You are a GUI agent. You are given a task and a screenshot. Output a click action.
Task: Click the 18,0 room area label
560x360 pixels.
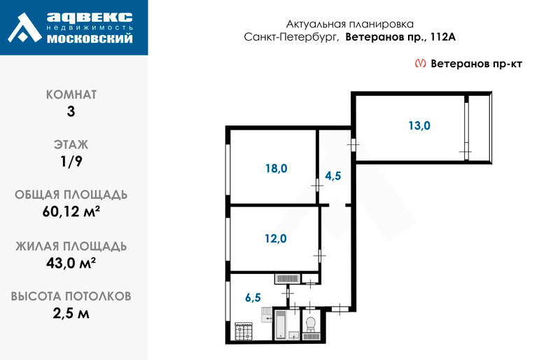(276, 168)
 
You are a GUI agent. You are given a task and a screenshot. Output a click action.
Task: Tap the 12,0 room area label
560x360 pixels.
(275, 238)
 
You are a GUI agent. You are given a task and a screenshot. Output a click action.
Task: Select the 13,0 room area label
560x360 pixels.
(419, 126)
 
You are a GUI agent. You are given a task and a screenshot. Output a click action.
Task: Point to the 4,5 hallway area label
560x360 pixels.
(333, 176)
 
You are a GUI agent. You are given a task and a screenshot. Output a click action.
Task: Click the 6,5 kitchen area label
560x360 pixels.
(253, 298)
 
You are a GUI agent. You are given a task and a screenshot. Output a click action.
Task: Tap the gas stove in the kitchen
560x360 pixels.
(244, 331)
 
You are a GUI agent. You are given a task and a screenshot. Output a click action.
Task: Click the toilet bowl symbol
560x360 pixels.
(311, 324)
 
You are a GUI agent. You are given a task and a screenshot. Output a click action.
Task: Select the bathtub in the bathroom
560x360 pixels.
(281, 324)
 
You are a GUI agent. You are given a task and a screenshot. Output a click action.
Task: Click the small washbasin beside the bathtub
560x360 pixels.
(294, 335)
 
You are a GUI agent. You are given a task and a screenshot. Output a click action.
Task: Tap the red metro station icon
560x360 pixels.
(420, 63)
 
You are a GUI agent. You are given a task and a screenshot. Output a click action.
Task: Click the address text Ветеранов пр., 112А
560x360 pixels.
(400, 37)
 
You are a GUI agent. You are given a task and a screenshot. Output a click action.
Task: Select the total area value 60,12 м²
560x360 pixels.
(71, 212)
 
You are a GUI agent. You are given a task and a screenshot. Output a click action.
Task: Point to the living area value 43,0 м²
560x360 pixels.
(71, 263)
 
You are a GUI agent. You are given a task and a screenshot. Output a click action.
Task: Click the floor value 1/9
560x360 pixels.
(71, 161)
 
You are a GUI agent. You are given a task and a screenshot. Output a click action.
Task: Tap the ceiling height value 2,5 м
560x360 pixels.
(71, 314)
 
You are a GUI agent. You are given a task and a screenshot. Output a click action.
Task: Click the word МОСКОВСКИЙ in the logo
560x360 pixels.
(90, 39)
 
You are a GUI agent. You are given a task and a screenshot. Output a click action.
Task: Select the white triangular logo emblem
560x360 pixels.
(24, 28)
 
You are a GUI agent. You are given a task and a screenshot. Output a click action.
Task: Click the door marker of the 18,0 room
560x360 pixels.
(317, 186)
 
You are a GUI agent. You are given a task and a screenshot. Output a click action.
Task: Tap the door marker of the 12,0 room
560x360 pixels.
(320, 256)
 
